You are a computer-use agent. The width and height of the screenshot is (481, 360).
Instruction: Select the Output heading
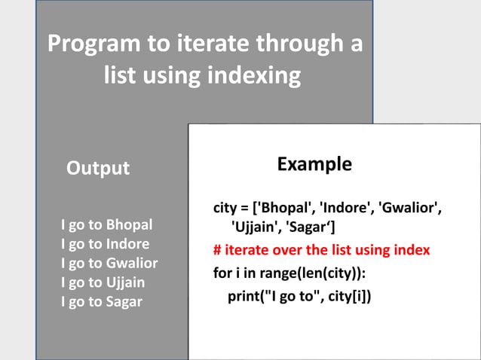click(x=98, y=168)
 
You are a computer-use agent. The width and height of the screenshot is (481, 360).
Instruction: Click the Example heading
click(x=314, y=163)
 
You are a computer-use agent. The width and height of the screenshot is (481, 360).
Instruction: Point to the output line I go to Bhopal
click(x=106, y=224)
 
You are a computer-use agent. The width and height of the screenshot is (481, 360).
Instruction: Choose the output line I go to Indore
click(x=105, y=244)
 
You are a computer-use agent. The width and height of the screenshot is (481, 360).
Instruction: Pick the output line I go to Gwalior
click(x=109, y=264)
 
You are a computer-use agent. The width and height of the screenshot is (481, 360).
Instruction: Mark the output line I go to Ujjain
click(x=103, y=283)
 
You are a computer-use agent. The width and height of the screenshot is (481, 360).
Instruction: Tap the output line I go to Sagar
click(x=101, y=303)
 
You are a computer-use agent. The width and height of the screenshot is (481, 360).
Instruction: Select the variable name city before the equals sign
click(x=226, y=208)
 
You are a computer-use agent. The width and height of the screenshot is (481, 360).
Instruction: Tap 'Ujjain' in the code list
click(x=258, y=225)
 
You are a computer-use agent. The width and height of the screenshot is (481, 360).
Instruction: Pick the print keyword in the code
click(x=245, y=296)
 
